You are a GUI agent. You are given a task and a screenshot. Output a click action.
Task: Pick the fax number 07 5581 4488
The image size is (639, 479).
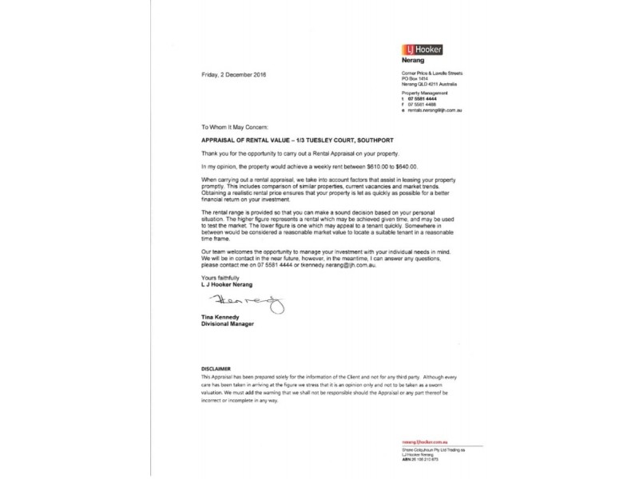click(x=424, y=105)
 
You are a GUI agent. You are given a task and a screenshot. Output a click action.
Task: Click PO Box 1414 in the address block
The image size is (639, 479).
click(x=415, y=79)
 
